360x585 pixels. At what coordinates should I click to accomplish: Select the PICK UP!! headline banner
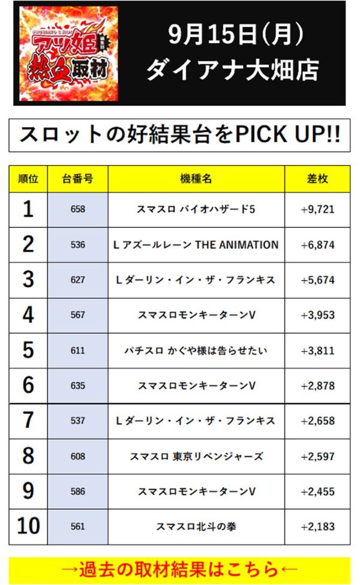pos(179,135)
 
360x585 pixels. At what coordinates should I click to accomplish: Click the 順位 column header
pos(28,178)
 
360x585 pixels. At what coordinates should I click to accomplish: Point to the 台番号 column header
pos(77,178)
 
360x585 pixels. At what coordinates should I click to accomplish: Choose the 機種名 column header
pos(196,178)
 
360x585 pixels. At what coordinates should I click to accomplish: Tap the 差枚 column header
pos(317,178)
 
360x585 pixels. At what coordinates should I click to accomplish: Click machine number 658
pos(77,209)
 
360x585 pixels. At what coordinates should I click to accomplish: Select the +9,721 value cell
pos(317,209)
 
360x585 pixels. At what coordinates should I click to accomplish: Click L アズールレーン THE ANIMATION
pos(196,245)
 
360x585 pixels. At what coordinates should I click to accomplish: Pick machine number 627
pos(77,280)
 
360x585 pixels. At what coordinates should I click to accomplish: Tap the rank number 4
pos(28,315)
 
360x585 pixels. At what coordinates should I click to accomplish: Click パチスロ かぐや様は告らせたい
pos(196,350)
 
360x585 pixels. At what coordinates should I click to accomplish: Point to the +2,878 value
pos(317,386)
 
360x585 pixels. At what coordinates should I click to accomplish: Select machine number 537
pos(77,421)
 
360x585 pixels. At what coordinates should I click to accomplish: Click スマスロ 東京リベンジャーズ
pos(196,456)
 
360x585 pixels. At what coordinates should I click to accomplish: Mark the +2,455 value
pos(317,491)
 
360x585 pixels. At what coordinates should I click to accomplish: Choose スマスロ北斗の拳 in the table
pos(196,527)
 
